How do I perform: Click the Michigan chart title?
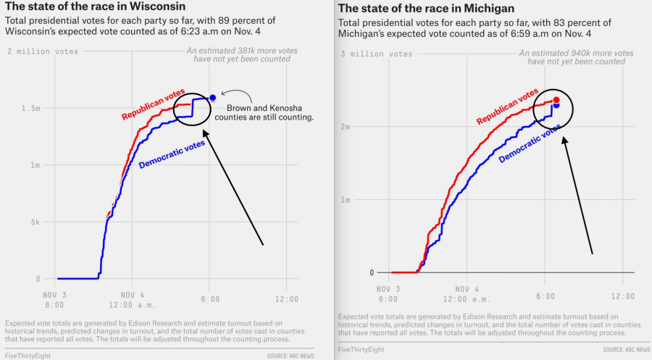pyautogui.click(x=426, y=9)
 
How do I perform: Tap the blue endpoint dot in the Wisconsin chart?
pyautogui.click(x=212, y=98)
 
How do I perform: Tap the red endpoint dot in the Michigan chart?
pyautogui.click(x=556, y=100)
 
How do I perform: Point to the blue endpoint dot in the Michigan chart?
pyautogui.click(x=556, y=106)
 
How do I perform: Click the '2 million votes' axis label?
pyautogui.click(x=43, y=51)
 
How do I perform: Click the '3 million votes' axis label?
pyautogui.click(x=377, y=54)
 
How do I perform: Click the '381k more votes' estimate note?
pyautogui.click(x=238, y=55)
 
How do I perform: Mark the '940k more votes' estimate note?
pyautogui.click(x=576, y=57)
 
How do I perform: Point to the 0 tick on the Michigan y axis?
pyautogui.click(x=372, y=273)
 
